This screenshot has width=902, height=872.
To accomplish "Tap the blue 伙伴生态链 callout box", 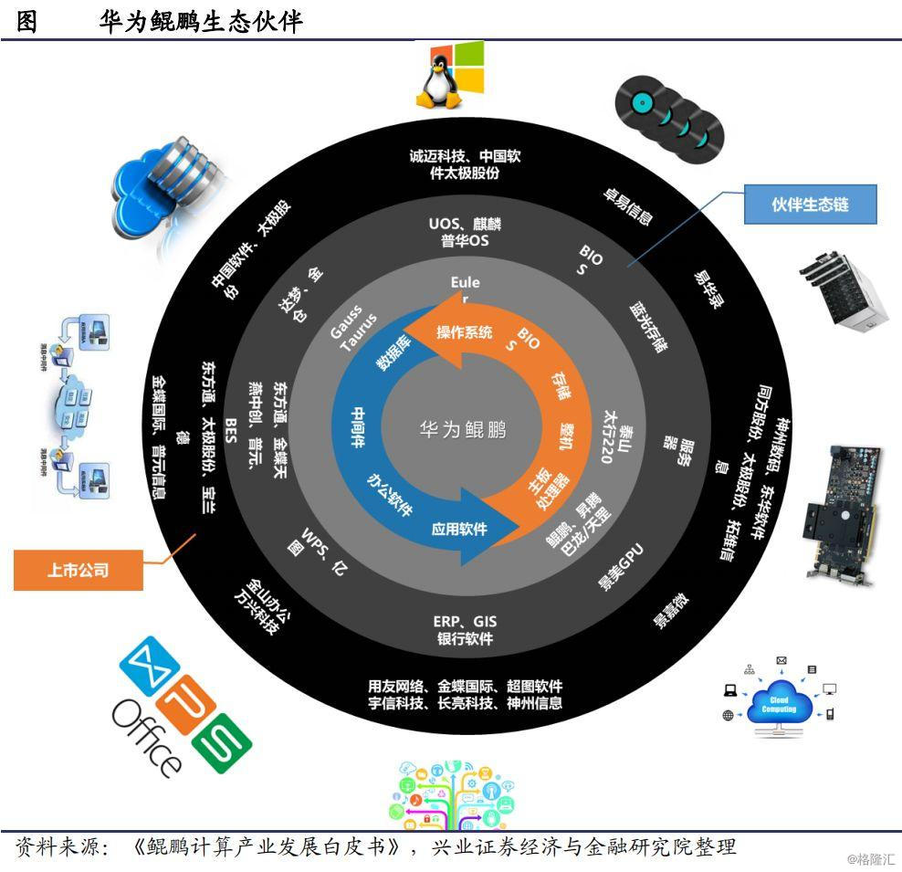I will pyautogui.click(x=811, y=205).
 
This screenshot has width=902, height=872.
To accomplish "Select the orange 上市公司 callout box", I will pyautogui.click(x=79, y=571).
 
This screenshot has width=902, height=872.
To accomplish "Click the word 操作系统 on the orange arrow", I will pyautogui.click(x=464, y=331).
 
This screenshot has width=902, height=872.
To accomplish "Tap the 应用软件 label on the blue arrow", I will pyautogui.click(x=459, y=529).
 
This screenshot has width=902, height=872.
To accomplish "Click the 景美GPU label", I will pyautogui.click(x=622, y=565).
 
